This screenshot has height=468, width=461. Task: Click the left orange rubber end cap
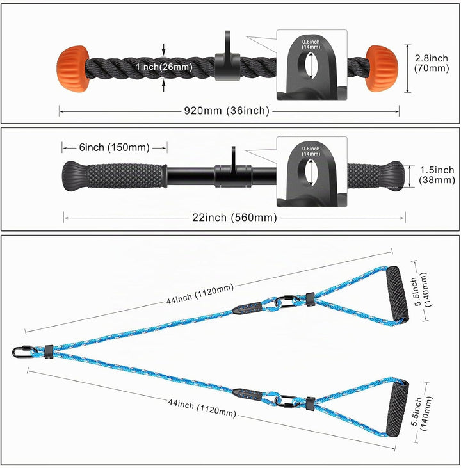72,69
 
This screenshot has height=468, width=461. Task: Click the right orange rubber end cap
382,69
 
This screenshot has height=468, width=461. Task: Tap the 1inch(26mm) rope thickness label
164,67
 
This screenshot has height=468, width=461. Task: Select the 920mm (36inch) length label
227,111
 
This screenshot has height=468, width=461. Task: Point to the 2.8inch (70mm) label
432,63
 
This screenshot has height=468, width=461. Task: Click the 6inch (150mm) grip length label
115,147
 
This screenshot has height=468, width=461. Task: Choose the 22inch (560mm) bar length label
235,217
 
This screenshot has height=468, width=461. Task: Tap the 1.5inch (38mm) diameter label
437,175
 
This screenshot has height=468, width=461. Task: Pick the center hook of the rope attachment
227,58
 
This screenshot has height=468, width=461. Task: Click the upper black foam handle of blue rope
398,294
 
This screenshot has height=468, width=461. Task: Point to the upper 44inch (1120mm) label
200,295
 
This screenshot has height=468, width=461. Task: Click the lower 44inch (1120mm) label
202,407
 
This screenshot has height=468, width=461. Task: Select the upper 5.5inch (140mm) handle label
421,291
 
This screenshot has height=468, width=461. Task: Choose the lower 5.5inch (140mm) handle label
421,414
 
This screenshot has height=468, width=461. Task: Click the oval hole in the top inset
311,65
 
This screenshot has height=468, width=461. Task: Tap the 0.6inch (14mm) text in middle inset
311,151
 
